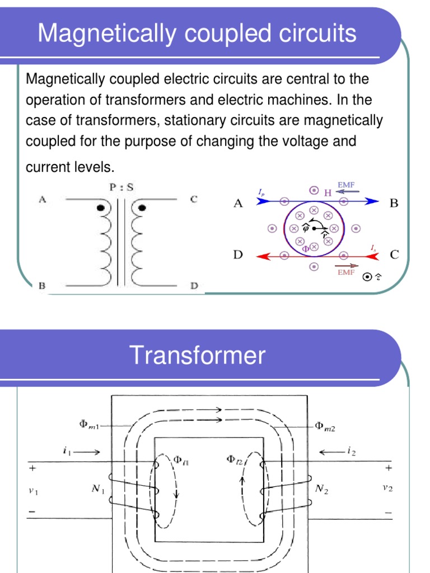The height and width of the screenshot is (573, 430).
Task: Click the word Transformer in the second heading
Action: [197, 355]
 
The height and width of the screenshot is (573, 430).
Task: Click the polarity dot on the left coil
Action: [101, 208]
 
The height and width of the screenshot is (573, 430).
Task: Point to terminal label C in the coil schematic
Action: [194, 199]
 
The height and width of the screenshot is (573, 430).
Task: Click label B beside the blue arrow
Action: [394, 204]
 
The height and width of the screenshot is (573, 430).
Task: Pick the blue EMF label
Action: [346, 184]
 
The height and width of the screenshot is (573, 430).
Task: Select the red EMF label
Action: [346, 273]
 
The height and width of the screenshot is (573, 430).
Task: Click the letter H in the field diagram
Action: [328, 192]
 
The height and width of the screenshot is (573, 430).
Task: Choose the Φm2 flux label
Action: [324, 426]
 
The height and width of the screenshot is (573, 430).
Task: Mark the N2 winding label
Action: [321, 490]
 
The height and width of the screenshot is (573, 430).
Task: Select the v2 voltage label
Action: [387, 487]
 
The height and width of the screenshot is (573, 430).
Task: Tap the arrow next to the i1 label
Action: [88, 452]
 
